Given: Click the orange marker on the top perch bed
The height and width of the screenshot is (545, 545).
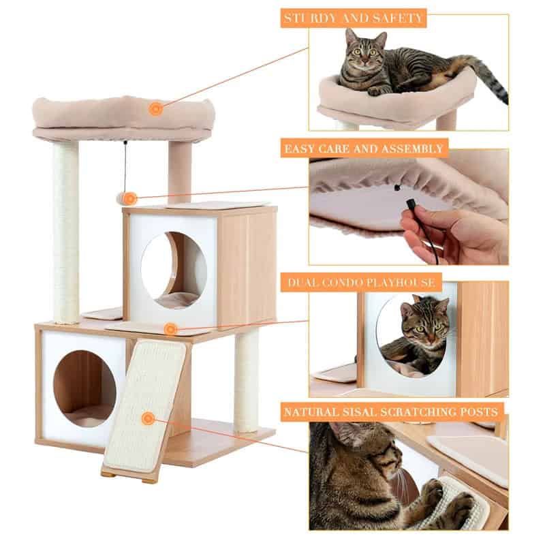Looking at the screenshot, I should (x=156, y=108).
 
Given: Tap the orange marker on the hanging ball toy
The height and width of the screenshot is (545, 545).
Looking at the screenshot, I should (x=129, y=198).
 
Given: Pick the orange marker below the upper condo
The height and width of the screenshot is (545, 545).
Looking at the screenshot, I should (x=170, y=330).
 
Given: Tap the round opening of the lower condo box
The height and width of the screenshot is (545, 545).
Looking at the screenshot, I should (x=84, y=388).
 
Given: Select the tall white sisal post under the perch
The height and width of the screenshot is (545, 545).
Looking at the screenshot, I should (x=66, y=232).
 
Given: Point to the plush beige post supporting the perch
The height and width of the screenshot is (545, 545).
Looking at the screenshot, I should (x=180, y=170).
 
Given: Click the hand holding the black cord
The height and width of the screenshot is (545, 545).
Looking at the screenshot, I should (x=443, y=235).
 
